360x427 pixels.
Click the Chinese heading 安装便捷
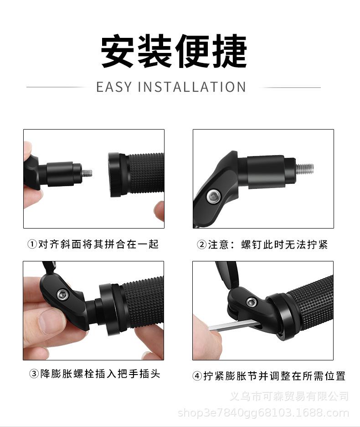pos(174,51)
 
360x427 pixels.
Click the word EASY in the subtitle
pos(114,87)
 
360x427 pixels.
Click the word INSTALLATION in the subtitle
pos(191,87)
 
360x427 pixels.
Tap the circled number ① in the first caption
pos(32,245)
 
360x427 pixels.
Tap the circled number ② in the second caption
pos(201,245)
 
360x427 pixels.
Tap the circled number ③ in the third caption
pos(34,375)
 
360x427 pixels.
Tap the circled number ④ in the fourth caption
pos(197,376)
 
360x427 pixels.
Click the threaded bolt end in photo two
pos(304,168)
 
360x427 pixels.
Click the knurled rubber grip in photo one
pos(146,173)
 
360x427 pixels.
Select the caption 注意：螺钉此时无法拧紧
pos(267,245)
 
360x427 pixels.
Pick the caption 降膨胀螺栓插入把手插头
pos(100,375)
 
